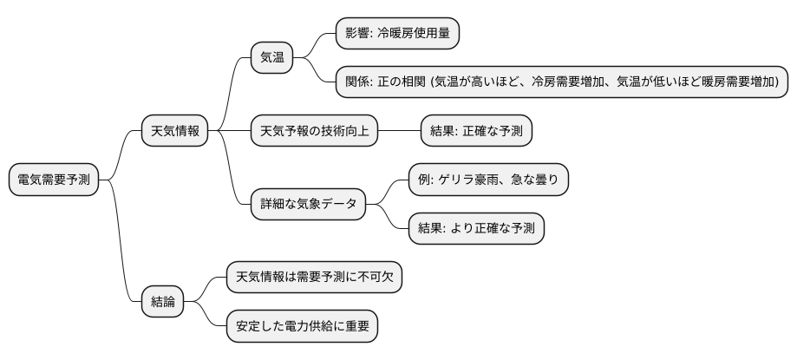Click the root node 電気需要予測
pyautogui.click(x=54, y=180)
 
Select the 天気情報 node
pyautogui.click(x=175, y=131)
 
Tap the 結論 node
pyautogui.click(x=162, y=302)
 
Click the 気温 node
pyautogui.click(x=272, y=58)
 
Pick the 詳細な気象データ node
pyautogui.click(x=308, y=205)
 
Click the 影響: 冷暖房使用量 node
pyautogui.click(x=397, y=34)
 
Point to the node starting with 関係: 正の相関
pyautogui.click(x=562, y=82)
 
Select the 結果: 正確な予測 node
pyautogui.click(x=476, y=131)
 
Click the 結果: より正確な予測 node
pyautogui.click(x=476, y=229)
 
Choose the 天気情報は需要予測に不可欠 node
pyautogui.click(x=314, y=278)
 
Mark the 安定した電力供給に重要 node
pyautogui.click(x=302, y=326)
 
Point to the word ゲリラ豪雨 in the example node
pyautogui.click(x=474, y=180)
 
